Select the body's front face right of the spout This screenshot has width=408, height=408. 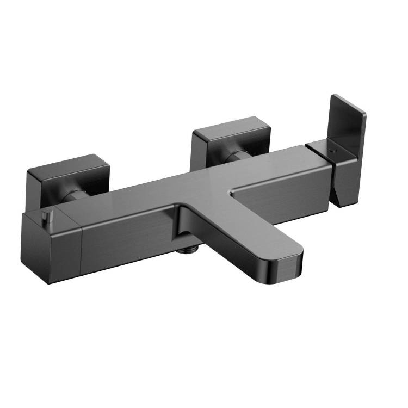click(x=283, y=204)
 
